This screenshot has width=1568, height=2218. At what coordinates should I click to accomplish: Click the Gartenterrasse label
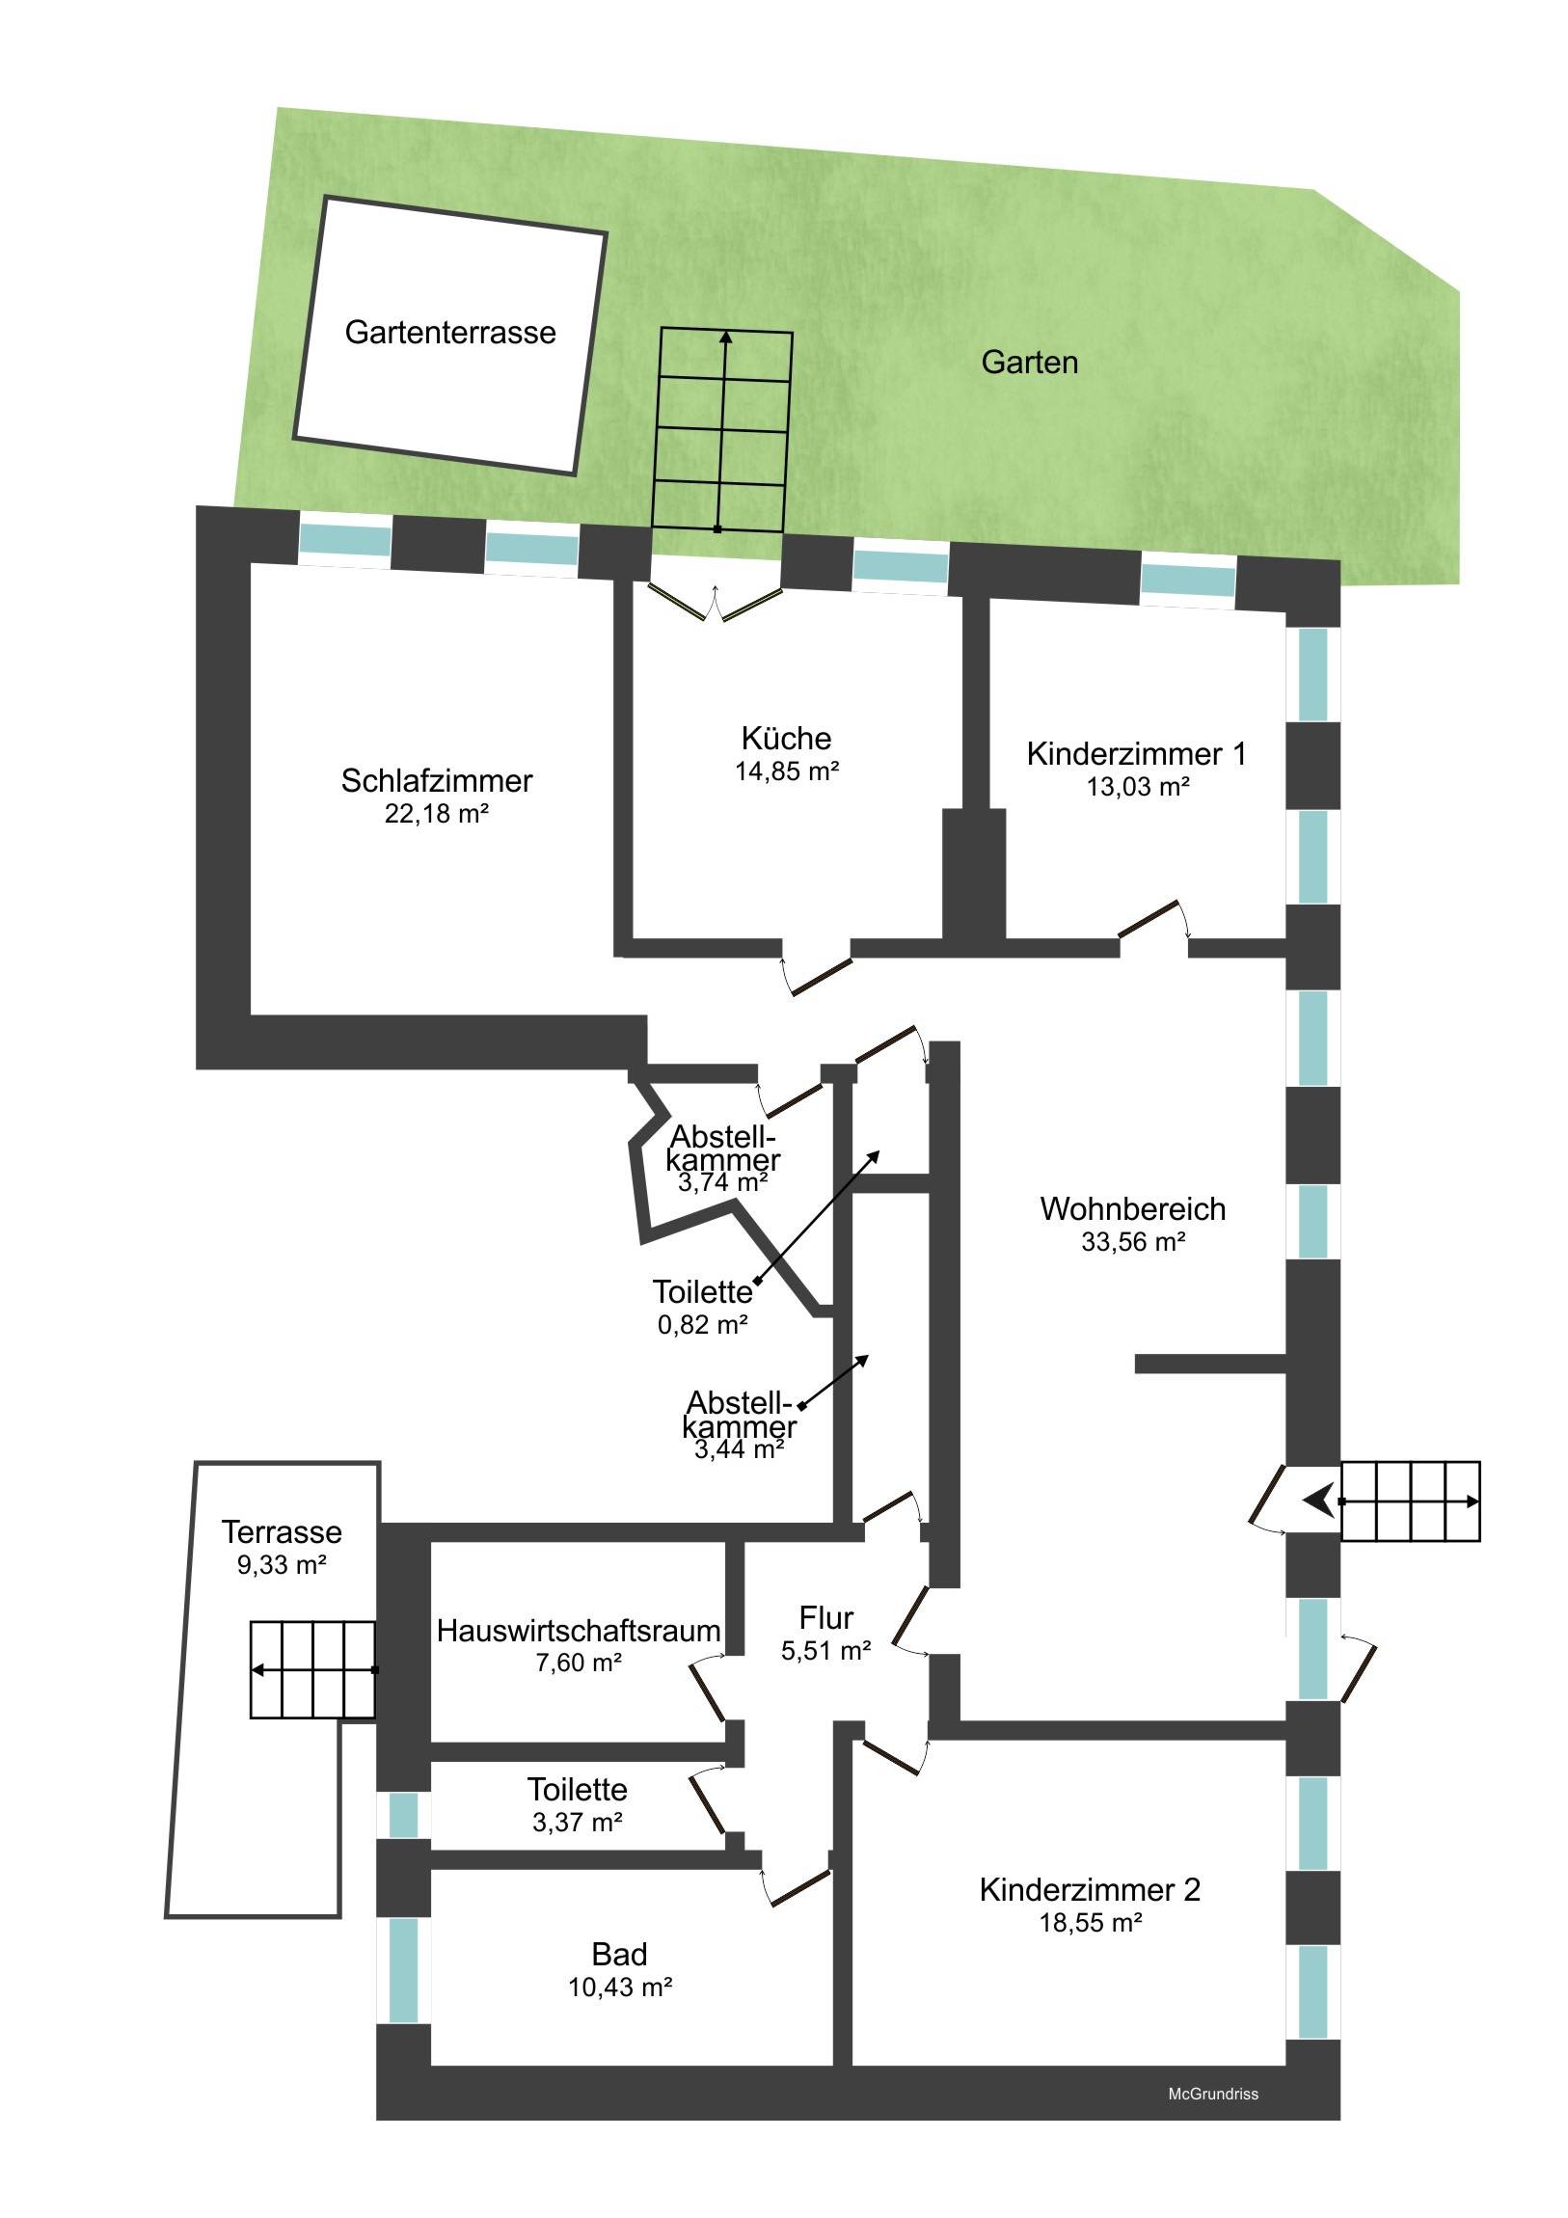[450, 333]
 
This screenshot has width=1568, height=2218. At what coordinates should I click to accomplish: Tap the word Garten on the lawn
[1029, 363]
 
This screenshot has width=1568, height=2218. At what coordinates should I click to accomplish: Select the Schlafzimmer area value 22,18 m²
[437, 813]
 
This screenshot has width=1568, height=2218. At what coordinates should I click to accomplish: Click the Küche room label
[787, 738]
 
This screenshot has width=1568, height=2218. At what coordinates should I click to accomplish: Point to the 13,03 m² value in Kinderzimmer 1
[1138, 786]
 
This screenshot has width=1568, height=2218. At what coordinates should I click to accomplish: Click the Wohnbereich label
[1133, 1208]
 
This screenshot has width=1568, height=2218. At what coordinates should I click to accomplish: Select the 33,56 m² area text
[1133, 1241]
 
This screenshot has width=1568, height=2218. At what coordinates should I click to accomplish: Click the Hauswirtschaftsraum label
[579, 1631]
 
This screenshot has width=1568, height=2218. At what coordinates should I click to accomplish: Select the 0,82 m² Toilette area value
[703, 1324]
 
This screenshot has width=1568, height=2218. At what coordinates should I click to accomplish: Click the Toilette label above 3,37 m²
[578, 1789]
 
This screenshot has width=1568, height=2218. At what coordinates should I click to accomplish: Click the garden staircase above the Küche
[722, 430]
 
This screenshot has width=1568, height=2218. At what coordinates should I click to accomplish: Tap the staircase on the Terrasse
[313, 1670]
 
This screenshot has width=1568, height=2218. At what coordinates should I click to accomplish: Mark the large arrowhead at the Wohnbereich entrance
[1319, 1501]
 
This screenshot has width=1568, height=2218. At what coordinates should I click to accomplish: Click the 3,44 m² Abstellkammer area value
[739, 1449]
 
